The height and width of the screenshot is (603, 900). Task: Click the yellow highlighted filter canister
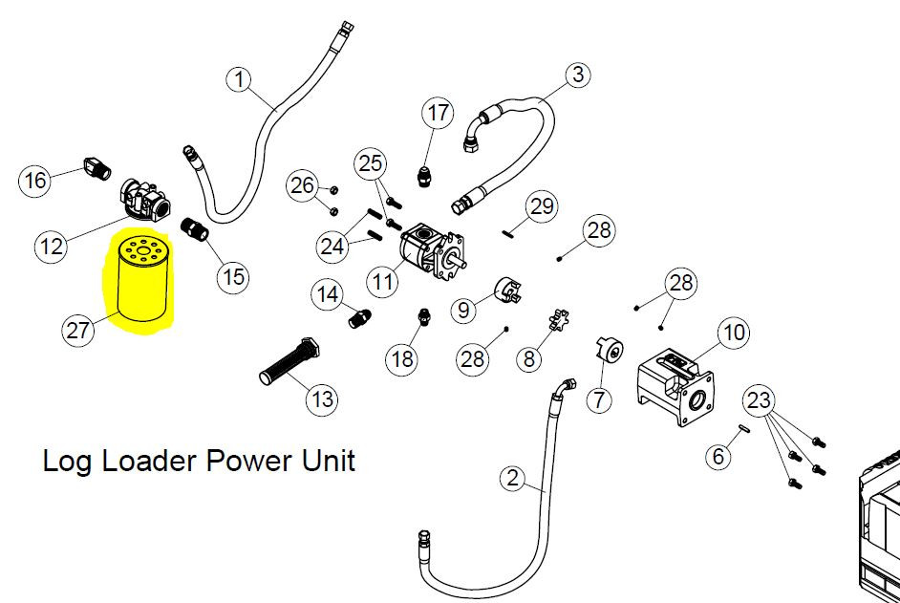click(x=142, y=278)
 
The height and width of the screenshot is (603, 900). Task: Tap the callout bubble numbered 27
click(x=77, y=330)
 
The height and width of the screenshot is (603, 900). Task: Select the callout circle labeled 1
click(x=241, y=79)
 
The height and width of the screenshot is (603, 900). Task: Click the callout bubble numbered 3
click(x=578, y=74)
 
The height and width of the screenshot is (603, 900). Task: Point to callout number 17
click(x=438, y=113)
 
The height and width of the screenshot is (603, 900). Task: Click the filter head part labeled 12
click(x=145, y=200)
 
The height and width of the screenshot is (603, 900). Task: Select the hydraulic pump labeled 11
click(x=434, y=254)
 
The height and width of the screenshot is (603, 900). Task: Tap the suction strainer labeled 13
click(x=289, y=361)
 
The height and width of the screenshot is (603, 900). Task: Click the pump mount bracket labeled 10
click(x=675, y=389)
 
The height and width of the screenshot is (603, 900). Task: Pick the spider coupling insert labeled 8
click(x=559, y=320)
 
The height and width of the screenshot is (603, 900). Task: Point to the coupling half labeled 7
click(x=609, y=349)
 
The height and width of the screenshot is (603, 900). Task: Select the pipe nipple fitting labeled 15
click(x=195, y=228)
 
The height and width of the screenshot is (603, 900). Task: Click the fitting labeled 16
click(x=97, y=167)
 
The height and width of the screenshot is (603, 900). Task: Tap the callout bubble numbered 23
click(x=759, y=399)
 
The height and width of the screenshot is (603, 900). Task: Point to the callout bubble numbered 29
click(x=542, y=205)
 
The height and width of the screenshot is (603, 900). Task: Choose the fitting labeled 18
click(x=423, y=316)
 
